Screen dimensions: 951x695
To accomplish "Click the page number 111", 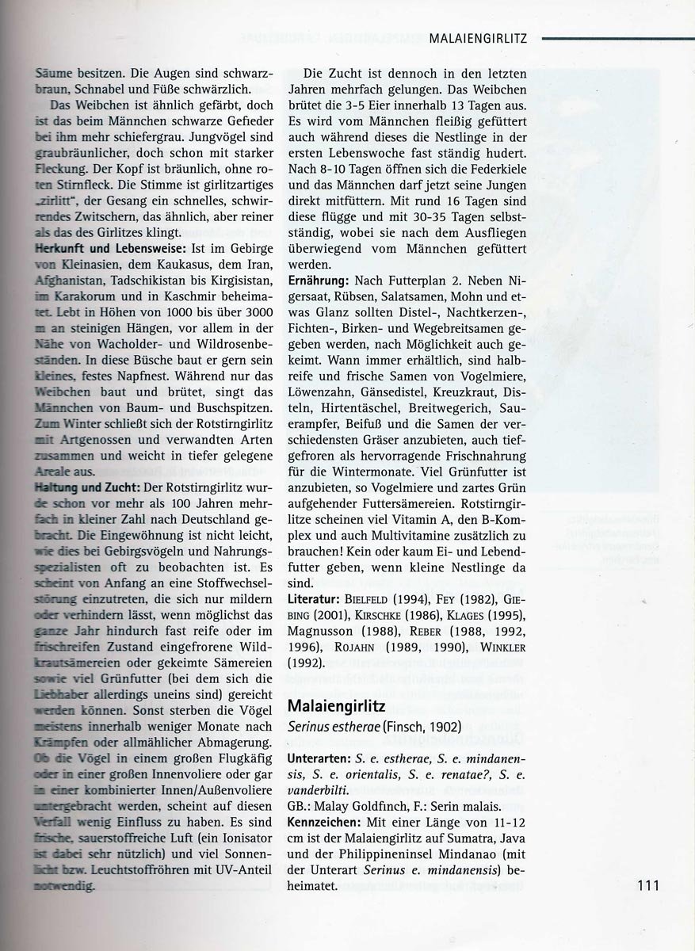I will [x=647, y=885].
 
